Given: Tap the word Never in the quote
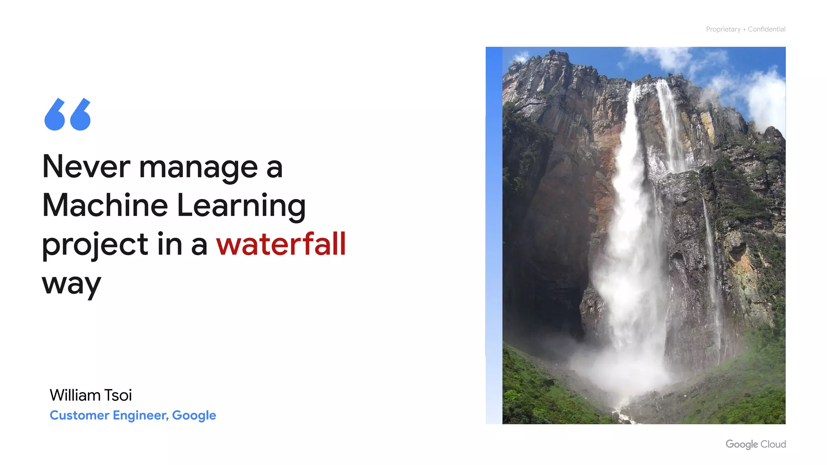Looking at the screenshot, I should (86, 166).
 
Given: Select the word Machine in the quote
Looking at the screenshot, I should (105, 205).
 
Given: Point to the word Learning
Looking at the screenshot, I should (241, 206).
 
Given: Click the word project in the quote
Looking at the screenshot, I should (95, 245).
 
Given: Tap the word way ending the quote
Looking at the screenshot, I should (71, 284).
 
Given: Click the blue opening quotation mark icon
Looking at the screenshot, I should (67, 114).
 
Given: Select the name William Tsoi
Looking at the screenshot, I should (90, 395).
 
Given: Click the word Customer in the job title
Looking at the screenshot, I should (79, 415).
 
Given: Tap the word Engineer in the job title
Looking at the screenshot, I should (140, 415).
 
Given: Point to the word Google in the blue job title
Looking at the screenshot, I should (194, 416).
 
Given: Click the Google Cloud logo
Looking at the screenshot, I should (756, 444).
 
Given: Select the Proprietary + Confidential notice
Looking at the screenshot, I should (745, 29).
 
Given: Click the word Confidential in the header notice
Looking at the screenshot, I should (766, 29).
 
